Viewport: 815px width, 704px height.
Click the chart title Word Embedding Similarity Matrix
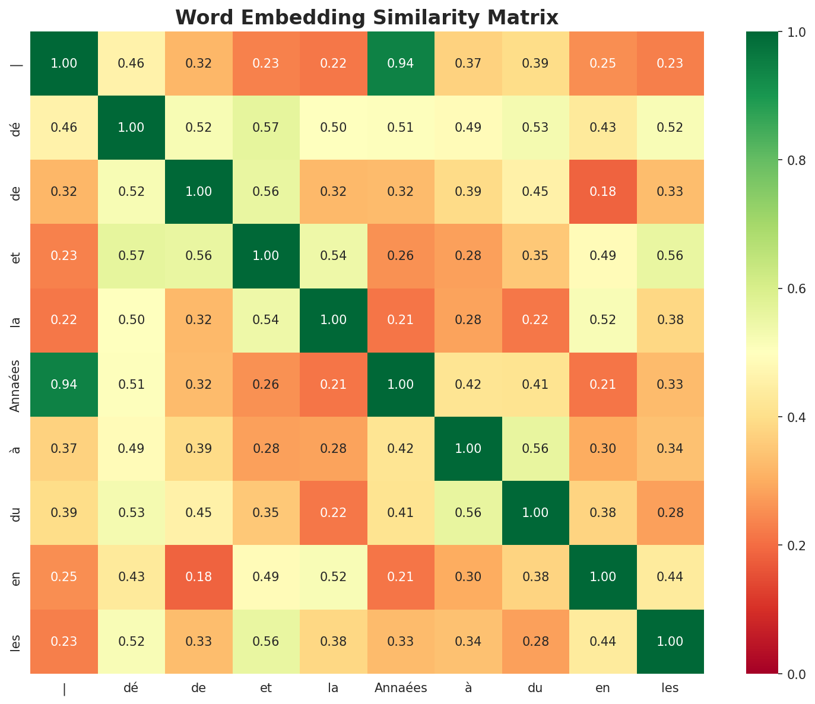(x=367, y=17)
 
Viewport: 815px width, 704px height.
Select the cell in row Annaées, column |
(x=64, y=384)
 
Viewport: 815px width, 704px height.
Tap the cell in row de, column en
(x=603, y=192)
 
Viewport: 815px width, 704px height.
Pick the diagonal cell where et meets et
(x=266, y=256)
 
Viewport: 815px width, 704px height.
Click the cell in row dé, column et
(x=266, y=128)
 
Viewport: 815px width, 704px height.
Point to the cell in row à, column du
(x=535, y=448)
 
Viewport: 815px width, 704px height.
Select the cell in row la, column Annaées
(x=401, y=320)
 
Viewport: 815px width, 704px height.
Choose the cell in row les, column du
(x=535, y=641)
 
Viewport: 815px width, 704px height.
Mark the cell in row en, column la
(x=334, y=577)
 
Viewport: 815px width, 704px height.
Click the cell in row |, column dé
(x=131, y=64)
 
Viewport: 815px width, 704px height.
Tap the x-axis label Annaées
(x=401, y=689)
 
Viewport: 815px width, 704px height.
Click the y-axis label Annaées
(x=16, y=385)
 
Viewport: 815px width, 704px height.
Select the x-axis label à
(x=468, y=689)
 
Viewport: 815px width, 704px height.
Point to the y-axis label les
(x=16, y=641)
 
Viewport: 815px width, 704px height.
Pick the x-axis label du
(x=535, y=689)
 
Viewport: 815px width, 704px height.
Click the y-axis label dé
(x=16, y=128)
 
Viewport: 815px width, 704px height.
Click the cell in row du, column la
(x=334, y=513)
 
